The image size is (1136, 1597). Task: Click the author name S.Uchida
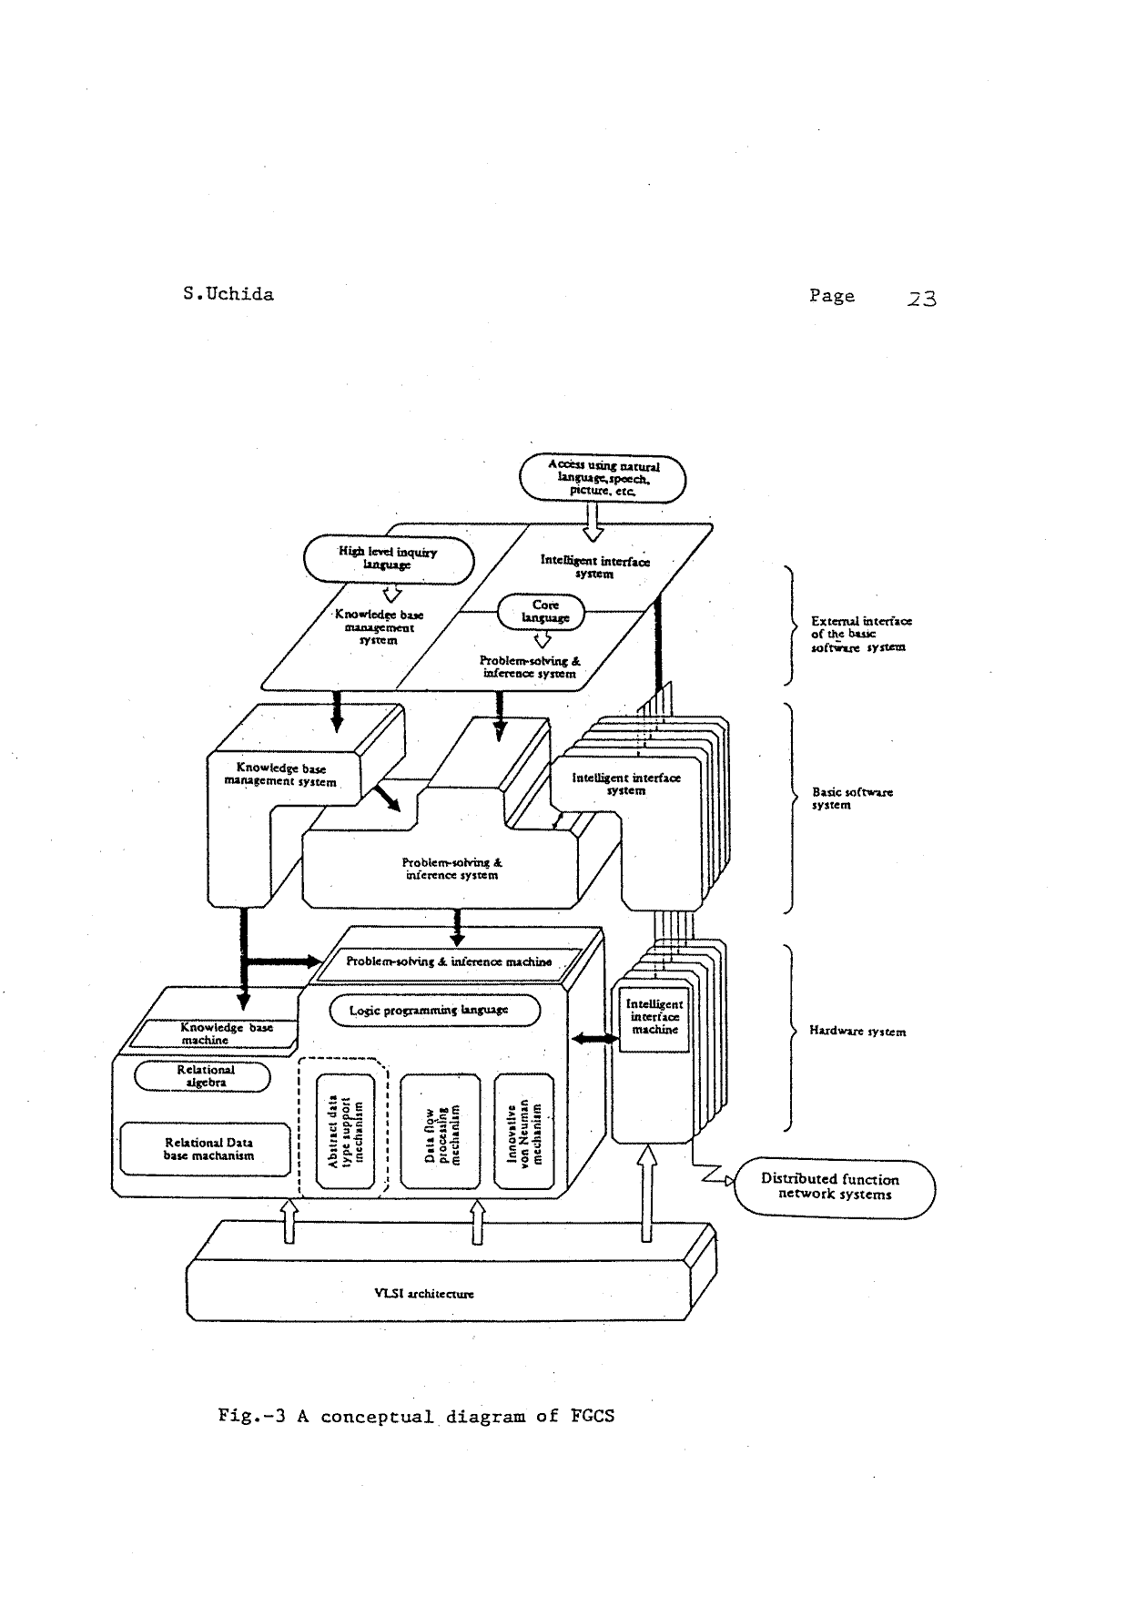click(228, 294)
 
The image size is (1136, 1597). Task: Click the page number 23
click(921, 298)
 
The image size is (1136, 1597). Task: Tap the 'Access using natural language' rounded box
click(603, 479)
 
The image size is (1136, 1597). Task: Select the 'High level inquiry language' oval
click(389, 558)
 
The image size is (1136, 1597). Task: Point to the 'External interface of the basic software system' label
click(860, 634)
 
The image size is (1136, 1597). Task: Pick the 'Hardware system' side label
click(857, 1032)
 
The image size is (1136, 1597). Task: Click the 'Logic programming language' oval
click(434, 1011)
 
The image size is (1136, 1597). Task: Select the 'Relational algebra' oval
click(203, 1076)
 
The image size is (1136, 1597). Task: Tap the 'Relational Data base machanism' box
click(208, 1149)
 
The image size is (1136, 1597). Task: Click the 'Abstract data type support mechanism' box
click(345, 1131)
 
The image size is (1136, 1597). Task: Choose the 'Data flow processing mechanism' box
click(441, 1131)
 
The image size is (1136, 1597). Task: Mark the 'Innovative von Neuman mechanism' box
click(523, 1131)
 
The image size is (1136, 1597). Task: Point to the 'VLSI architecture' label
click(424, 1294)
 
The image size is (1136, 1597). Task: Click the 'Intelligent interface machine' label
click(654, 1017)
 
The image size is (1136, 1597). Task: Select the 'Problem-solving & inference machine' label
click(449, 961)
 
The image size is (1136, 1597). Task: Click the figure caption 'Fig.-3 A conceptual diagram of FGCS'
click(416, 1417)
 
